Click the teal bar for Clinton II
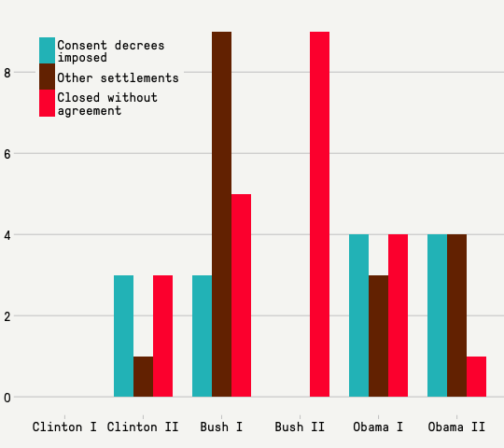(124, 336)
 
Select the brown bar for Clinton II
(144, 377)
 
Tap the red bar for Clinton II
(163, 336)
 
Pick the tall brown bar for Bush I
(222, 214)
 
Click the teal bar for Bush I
(203, 336)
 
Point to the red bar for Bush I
(242, 295)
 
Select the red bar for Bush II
(320, 214)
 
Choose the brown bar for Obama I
(379, 336)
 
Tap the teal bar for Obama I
(359, 315)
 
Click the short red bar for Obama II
(477, 377)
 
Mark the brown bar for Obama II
(457, 315)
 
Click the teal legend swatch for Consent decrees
(47, 50)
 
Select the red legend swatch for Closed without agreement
(47, 103)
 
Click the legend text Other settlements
(118, 77)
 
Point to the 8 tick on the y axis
(7, 73)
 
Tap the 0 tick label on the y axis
(7, 398)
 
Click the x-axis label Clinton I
(64, 427)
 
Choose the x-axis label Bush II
(300, 427)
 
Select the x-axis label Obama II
(456, 427)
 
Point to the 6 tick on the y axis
(7, 154)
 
